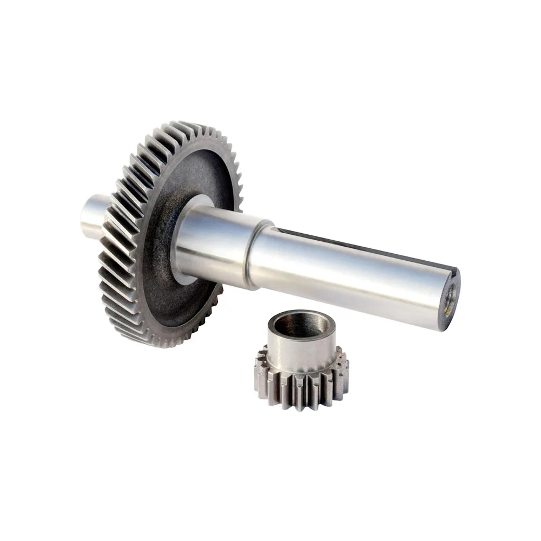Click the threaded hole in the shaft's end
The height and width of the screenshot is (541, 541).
pos(450,296)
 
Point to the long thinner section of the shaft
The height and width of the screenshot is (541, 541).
pos(346,276)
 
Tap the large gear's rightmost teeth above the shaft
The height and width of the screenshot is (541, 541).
pos(236,184)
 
